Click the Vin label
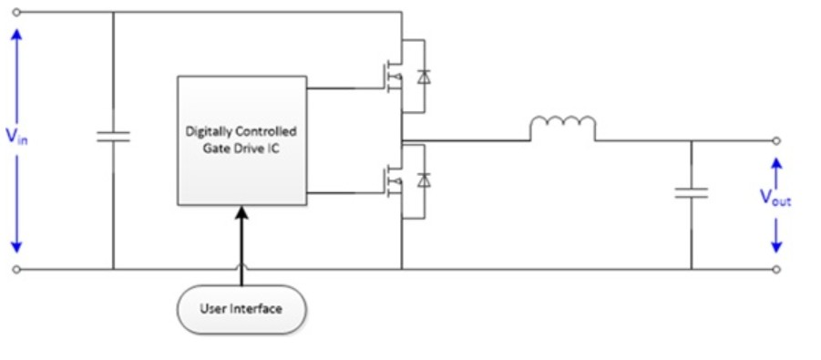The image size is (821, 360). (x=16, y=138)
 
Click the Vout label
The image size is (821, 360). (x=775, y=199)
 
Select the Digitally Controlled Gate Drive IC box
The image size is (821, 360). (x=241, y=140)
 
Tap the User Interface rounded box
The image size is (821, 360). (x=241, y=309)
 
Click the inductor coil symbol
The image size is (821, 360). (x=563, y=128)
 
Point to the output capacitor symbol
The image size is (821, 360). (x=690, y=192)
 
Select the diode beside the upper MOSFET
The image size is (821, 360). (x=421, y=77)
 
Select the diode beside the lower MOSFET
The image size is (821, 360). (x=421, y=180)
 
